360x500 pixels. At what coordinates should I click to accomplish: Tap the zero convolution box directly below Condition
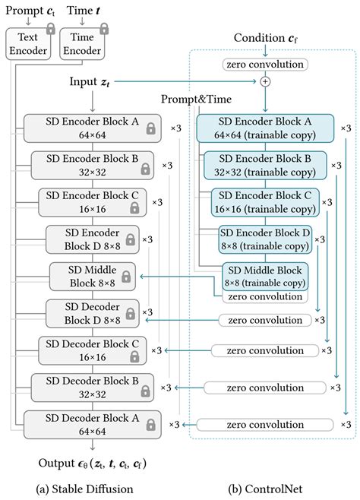coord(265,65)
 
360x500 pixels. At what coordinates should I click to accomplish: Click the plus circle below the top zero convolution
coord(265,82)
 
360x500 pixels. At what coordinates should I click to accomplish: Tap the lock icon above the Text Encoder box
coord(50,28)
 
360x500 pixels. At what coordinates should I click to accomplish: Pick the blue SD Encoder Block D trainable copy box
coord(265,239)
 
